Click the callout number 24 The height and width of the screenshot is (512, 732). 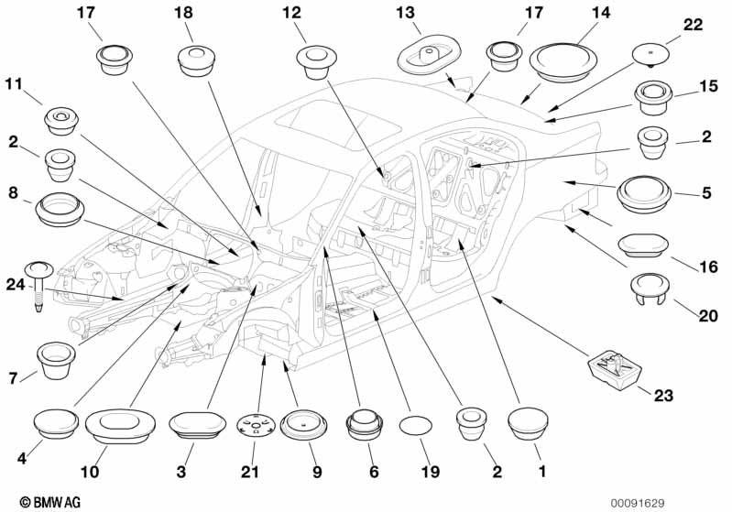(x=16, y=284)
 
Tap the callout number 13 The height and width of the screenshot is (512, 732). (x=405, y=13)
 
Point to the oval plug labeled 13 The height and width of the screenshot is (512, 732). (x=429, y=53)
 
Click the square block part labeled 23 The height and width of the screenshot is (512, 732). (x=615, y=370)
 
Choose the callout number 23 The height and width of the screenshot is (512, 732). (x=663, y=396)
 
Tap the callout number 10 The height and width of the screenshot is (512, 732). (x=90, y=472)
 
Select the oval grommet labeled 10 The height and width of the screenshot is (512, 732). (x=120, y=426)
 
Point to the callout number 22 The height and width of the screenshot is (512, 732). (x=693, y=24)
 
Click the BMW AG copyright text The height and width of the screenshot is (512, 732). (x=50, y=502)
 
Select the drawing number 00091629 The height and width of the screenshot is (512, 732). (x=638, y=503)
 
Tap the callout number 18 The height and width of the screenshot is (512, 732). (x=183, y=13)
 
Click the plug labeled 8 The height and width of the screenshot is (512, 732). (x=60, y=209)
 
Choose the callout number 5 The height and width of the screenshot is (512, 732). (x=706, y=192)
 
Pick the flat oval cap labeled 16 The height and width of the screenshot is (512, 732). (x=643, y=245)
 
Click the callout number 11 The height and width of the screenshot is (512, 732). (x=14, y=84)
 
